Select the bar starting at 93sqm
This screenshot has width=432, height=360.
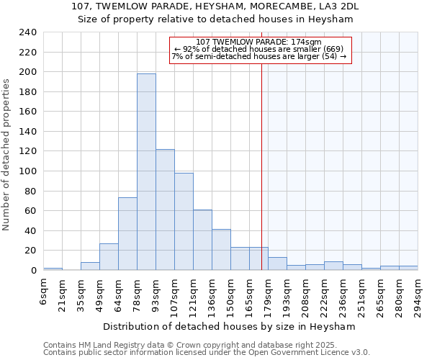pos(165,210)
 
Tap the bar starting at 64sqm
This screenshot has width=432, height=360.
pos(127,233)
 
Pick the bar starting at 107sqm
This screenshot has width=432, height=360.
pos(184,221)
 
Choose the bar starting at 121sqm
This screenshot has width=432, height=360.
pos(202,240)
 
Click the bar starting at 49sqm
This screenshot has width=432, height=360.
pos(109,256)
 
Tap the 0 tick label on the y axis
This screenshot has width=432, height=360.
pos(33,270)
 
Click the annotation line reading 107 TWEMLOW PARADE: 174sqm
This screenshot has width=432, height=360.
pos(258,42)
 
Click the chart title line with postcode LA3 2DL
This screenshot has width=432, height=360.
pos(215,6)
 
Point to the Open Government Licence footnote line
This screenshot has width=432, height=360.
pos(207,353)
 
